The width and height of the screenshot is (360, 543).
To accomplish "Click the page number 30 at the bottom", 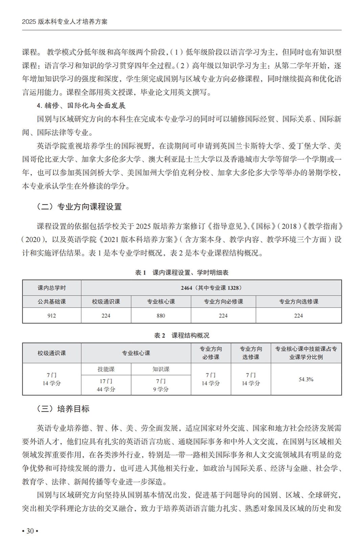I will click(30, 531).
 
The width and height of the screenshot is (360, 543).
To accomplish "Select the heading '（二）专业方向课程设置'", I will click(79, 207).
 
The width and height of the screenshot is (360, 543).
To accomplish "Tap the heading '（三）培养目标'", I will click(63, 409).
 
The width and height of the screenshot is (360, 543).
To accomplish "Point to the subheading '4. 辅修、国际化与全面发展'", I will click(81, 106).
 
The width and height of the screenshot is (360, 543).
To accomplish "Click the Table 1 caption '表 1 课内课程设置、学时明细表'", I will click(182, 272).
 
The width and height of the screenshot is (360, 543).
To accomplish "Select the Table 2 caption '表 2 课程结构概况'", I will click(182, 335).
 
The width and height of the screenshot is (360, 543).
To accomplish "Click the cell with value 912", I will click(52, 316).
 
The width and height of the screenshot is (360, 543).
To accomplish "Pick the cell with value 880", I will click(161, 316).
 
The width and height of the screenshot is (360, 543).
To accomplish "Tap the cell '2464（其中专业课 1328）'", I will click(211, 288).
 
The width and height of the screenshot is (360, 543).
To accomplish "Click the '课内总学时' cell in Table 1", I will click(52, 288).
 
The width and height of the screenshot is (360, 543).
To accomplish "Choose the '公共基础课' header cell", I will click(52, 301).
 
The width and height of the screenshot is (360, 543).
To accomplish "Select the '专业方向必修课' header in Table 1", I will click(223, 301).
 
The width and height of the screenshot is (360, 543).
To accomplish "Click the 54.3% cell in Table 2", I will click(306, 379).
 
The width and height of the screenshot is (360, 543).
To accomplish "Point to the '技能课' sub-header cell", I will click(106, 369).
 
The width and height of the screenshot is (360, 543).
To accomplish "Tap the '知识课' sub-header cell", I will click(161, 369).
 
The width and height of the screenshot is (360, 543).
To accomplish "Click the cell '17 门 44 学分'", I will click(106, 385).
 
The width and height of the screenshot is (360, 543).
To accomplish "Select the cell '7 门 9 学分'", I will click(161, 385).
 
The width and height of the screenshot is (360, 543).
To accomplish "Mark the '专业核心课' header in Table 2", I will click(136, 353).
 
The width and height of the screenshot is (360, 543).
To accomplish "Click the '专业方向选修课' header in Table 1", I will click(298, 301).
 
